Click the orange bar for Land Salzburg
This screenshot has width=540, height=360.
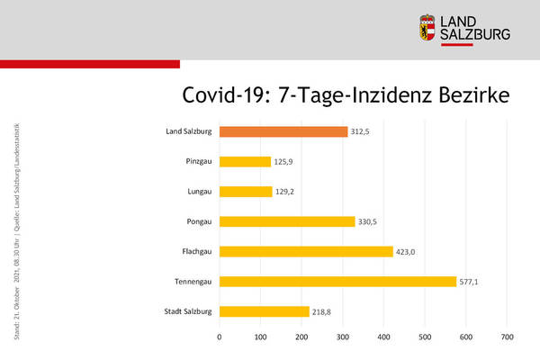point(283,131)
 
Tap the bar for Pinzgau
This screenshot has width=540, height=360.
point(245,162)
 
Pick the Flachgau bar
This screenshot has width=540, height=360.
point(306,252)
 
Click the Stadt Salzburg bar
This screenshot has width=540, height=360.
point(265,311)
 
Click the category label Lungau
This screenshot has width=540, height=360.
point(197,192)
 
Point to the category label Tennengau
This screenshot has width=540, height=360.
point(193,282)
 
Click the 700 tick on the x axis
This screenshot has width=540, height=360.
point(507,337)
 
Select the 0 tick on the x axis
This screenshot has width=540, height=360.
point(220,337)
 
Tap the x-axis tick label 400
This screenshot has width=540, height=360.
point(383,337)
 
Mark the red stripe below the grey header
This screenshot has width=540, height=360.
point(90,64)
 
